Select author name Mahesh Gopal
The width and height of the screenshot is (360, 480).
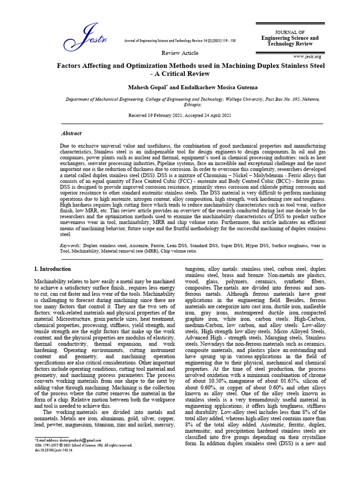point(145,88)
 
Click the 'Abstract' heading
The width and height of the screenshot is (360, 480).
point(71,133)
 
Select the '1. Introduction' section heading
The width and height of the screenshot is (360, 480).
point(53,269)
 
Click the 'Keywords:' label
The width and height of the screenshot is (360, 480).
point(70,246)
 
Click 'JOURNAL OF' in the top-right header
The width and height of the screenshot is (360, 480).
point(290,31)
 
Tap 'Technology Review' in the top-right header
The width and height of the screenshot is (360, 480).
point(290,44)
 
